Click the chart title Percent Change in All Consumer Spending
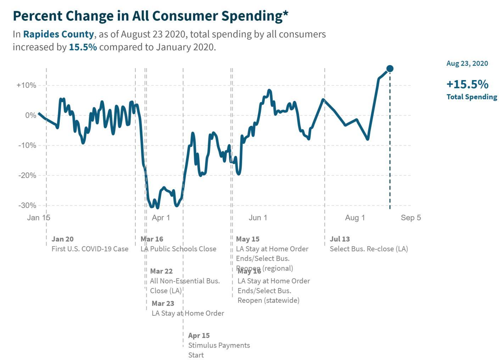tap(150, 16)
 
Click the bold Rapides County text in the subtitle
tap(58, 34)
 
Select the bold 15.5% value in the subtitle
tap(83, 47)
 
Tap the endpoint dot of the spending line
tap(390, 69)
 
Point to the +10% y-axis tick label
tap(26, 85)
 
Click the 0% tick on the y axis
tap(30, 116)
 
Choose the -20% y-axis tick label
tap(27, 175)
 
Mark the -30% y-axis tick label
tap(27, 206)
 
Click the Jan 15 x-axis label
tap(39, 218)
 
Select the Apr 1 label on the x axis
tap(161, 218)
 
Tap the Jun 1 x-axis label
tap(258, 218)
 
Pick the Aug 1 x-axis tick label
tap(355, 218)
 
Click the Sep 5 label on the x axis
tap(411, 218)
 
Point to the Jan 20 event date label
tap(62, 239)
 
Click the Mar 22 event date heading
tap(161, 271)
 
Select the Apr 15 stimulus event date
tap(199, 336)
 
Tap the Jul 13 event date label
tap(340, 239)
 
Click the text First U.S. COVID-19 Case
tap(90, 249)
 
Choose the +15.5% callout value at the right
tap(467, 84)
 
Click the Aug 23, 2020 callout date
tap(467, 63)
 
